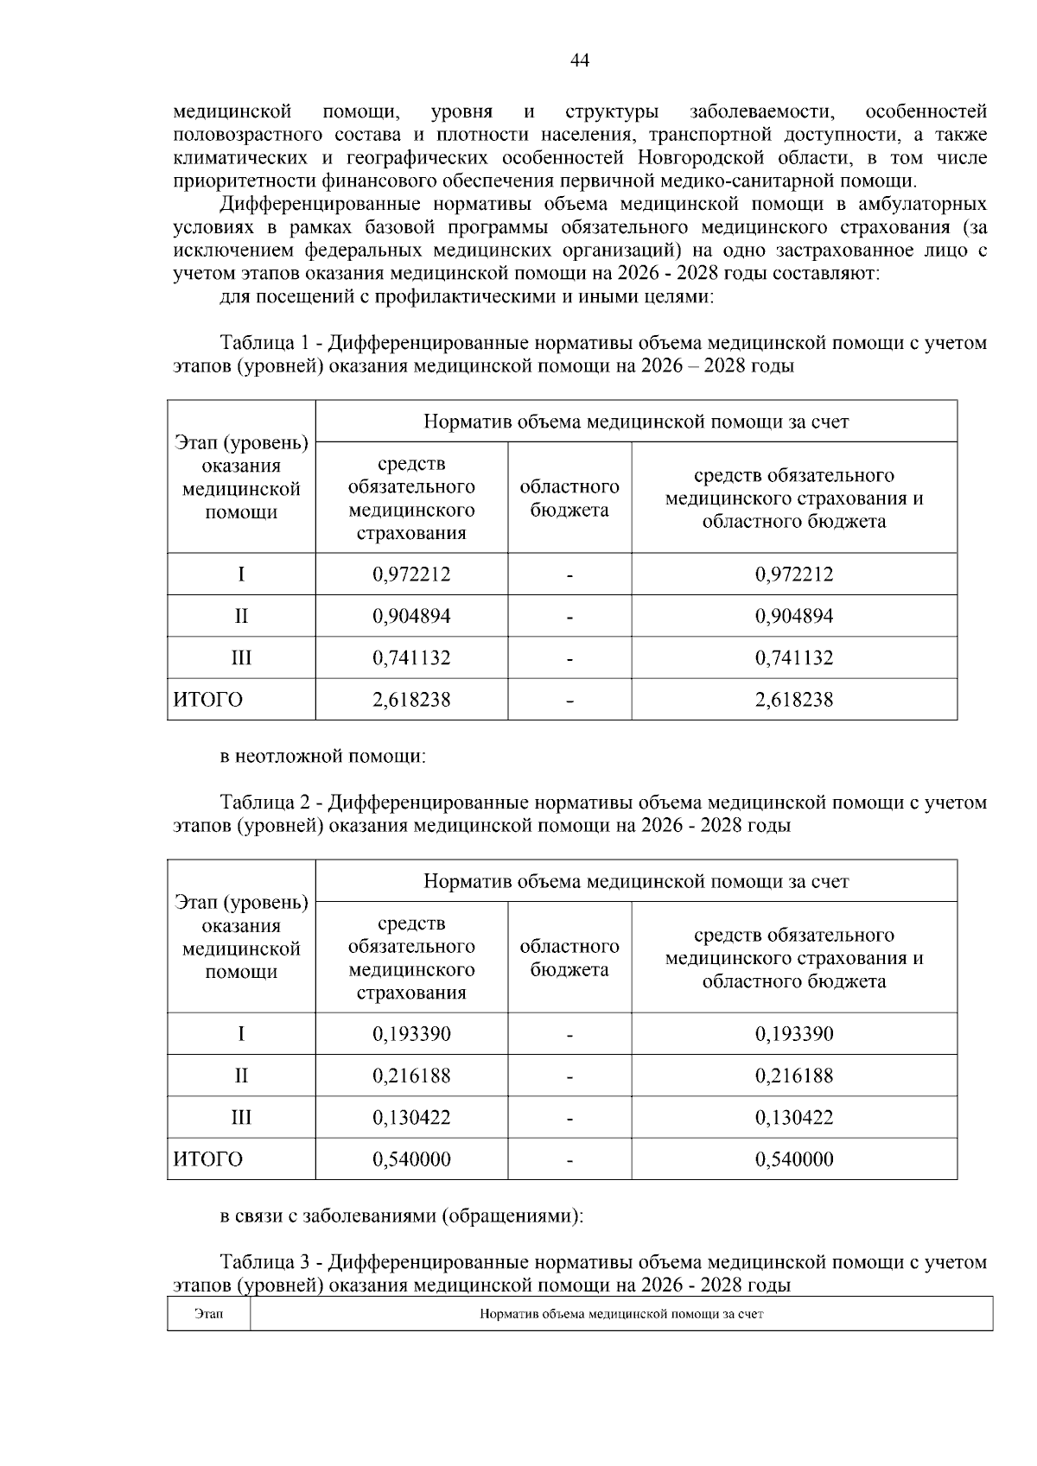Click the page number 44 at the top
click(580, 60)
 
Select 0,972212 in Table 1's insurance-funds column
click(411, 574)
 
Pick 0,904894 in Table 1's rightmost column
click(794, 616)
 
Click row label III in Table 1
click(241, 657)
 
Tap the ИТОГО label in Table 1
click(208, 700)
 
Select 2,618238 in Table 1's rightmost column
click(794, 700)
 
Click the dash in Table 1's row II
click(569, 617)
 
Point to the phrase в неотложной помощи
click(323, 757)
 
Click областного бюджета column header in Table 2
click(569, 957)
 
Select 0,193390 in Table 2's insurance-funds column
click(411, 1034)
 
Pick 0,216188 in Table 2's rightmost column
click(794, 1076)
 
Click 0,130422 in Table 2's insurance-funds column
click(411, 1117)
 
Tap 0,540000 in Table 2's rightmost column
click(794, 1159)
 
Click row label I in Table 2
click(241, 1034)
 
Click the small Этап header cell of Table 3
click(208, 1314)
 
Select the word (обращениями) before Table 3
click(512, 1216)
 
